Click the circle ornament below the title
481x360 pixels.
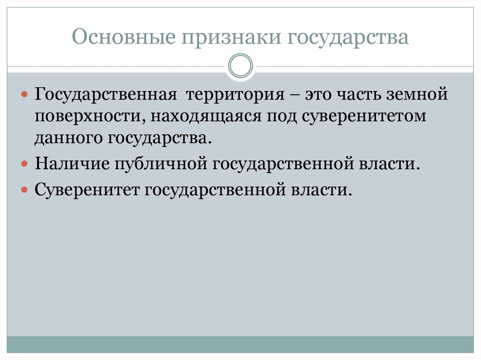(x=240, y=65)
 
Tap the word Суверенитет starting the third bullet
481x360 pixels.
(x=86, y=190)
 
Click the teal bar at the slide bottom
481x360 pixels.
(x=240, y=345)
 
